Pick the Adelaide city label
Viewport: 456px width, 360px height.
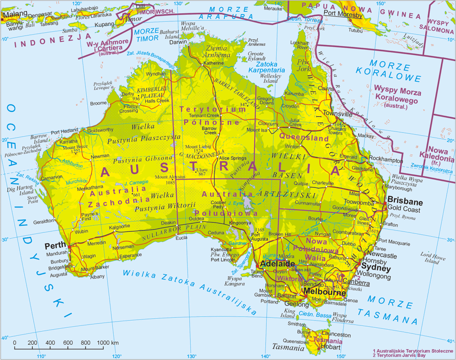(272, 264)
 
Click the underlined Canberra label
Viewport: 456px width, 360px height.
(356, 283)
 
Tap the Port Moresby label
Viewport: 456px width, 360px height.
(343, 15)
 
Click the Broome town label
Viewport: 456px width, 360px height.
(98, 103)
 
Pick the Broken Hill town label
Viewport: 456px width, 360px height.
(279, 234)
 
